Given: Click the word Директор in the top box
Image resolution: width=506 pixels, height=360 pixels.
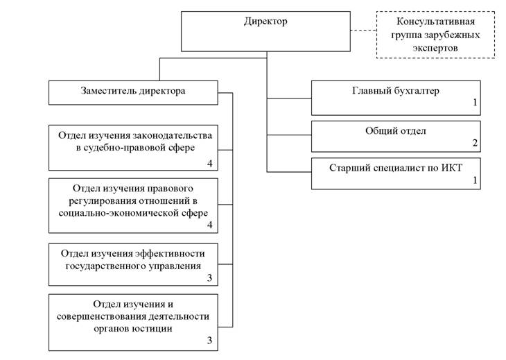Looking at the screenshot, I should point(265,22).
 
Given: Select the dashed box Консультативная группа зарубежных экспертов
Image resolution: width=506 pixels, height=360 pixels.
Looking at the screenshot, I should point(435,34).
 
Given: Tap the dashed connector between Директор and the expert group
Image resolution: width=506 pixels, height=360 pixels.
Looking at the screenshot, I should point(363,31).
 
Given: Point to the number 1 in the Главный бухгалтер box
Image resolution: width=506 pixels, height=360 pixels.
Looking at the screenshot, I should point(475,103).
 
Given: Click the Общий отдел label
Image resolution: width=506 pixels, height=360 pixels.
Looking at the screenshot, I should point(395,131).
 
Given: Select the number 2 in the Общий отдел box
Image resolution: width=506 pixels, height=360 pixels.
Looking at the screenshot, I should point(475,144).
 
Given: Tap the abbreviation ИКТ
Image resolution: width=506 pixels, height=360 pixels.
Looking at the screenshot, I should point(453,167).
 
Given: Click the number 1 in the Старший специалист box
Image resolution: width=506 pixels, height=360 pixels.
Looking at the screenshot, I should point(475,180).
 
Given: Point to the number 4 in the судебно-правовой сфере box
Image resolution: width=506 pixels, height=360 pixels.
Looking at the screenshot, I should point(209,164).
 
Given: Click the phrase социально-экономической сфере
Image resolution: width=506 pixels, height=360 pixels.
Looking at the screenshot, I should point(133,213).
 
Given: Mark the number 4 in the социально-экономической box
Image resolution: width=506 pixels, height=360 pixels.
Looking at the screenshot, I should point(209,225).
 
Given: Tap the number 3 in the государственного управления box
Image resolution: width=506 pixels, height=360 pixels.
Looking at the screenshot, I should point(209,279).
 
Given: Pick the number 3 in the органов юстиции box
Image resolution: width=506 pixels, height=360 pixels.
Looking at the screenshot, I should point(209,341).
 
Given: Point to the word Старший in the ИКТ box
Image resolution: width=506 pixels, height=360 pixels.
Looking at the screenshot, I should point(351,167).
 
